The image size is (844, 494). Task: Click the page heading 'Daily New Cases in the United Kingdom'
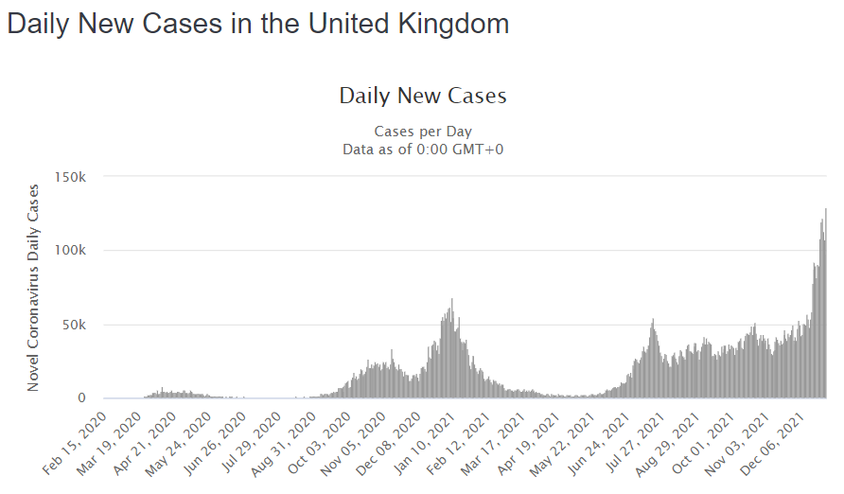tap(257, 24)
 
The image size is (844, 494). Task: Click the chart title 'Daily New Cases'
tap(422, 96)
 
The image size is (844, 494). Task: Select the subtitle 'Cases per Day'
tap(422, 131)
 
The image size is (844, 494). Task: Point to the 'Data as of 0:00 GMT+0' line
tap(422, 149)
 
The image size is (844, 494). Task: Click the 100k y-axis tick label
tap(73, 251)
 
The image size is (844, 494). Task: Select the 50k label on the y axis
tap(77, 325)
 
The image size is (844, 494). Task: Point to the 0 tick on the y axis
tap(84, 398)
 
